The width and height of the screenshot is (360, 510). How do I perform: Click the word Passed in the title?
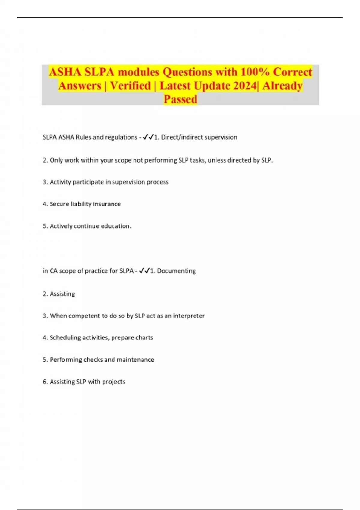(180, 99)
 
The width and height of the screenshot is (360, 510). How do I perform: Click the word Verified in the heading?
(130, 86)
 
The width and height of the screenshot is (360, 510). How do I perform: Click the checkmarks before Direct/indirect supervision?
(148, 137)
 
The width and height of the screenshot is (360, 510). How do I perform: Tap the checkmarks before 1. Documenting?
(144, 271)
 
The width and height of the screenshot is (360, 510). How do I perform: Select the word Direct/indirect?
(180, 137)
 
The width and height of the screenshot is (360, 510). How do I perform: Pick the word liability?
(81, 204)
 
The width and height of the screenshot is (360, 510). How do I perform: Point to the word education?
(116, 226)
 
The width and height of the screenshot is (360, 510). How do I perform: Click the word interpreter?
(189, 316)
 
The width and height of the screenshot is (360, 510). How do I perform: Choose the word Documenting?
(176, 271)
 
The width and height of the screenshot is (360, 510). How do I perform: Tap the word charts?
(144, 337)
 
